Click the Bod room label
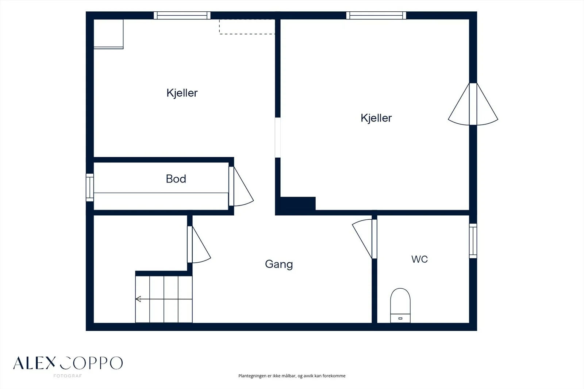176,179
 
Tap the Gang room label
279,264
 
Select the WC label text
419,259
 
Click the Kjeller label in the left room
182,93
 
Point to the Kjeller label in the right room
376,118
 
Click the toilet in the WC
400,305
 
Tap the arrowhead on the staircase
138,299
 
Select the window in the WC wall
473,241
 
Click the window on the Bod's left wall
90,188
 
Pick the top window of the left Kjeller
182,15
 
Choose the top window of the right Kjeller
376,15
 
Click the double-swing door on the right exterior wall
473,104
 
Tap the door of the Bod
241,186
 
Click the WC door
365,239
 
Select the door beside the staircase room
199,244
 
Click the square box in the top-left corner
108,34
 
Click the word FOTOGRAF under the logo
68,376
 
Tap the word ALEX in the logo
34,363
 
